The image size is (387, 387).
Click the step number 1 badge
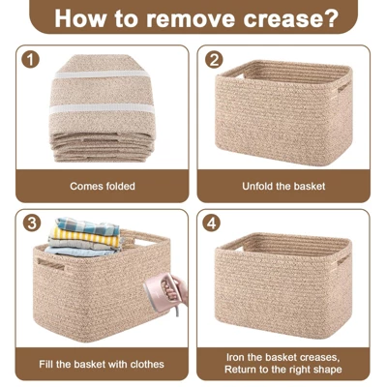32,61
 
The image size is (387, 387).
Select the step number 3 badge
32,223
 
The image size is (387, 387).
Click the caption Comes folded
103,186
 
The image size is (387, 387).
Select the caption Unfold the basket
284,186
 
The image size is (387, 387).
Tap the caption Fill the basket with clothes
103,364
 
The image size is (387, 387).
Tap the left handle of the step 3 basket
49,262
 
